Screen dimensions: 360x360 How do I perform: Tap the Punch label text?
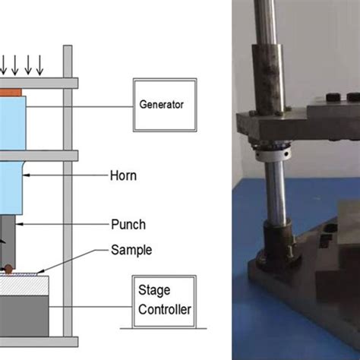pos(128,225)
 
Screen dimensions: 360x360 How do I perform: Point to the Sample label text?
pos(131,248)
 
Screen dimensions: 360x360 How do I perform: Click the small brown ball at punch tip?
pos(8,267)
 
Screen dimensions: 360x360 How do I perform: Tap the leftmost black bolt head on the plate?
pos(331,97)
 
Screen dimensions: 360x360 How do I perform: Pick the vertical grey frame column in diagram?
pos(68,190)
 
